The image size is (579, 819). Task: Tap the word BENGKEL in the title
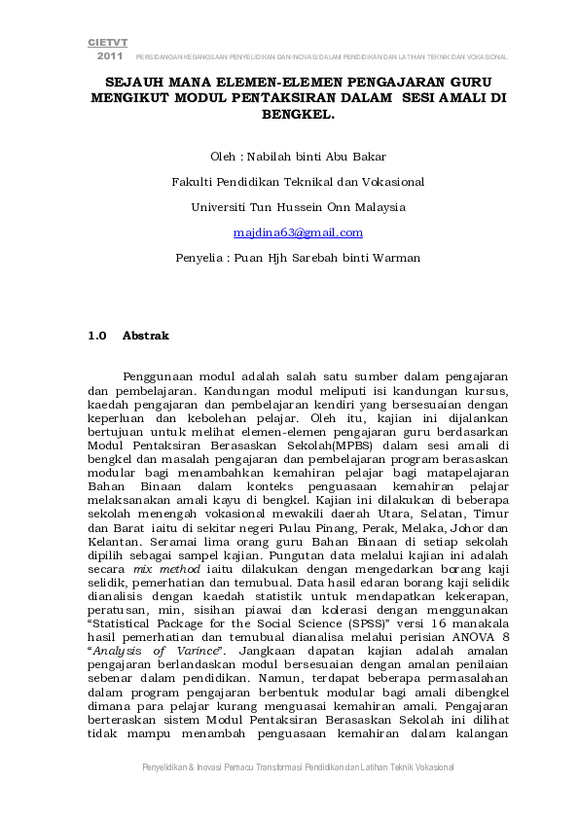click(x=297, y=114)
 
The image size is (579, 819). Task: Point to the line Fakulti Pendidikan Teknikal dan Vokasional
click(x=298, y=181)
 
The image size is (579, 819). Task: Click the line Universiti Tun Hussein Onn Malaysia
click(x=298, y=206)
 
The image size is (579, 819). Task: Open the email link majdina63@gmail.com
click(x=298, y=232)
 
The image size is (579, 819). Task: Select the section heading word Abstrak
click(x=145, y=336)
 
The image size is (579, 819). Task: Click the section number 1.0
click(x=96, y=336)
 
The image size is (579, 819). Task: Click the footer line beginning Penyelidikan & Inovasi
click(x=298, y=767)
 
